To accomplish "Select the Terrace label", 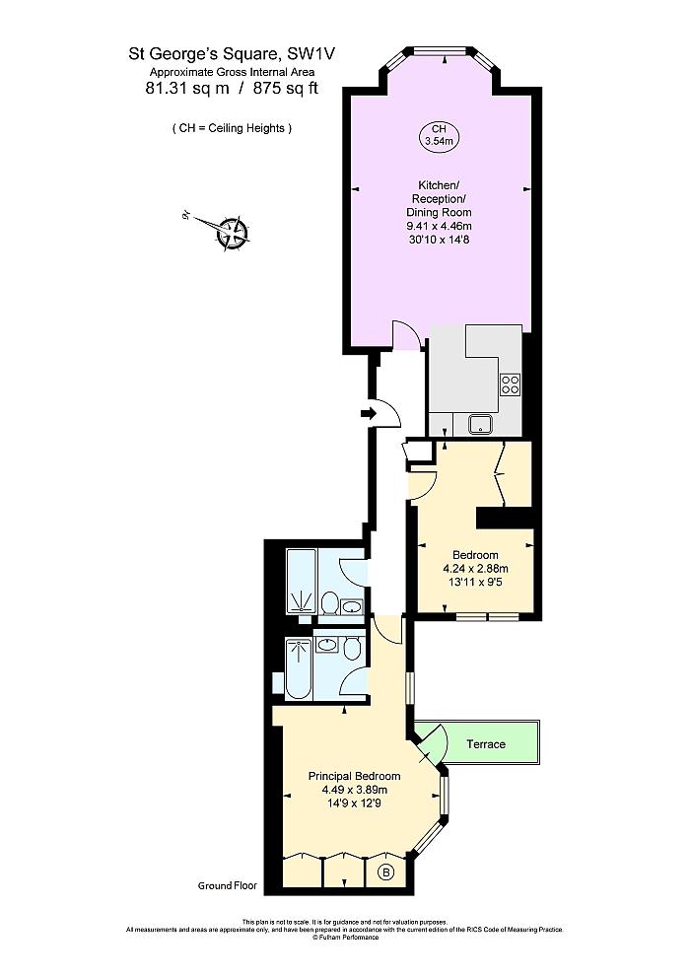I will click(x=486, y=743).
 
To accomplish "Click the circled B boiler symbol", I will click(x=386, y=872).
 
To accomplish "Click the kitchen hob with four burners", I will click(x=510, y=384).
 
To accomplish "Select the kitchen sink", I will click(x=481, y=424).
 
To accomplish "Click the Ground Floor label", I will click(x=227, y=886).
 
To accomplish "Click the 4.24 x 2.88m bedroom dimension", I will click(x=475, y=569).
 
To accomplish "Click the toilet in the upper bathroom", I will click(x=332, y=602).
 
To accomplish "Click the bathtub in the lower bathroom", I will click(x=298, y=668).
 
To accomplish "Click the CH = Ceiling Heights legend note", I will click(x=232, y=128).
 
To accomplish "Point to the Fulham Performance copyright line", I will click(x=345, y=937).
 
